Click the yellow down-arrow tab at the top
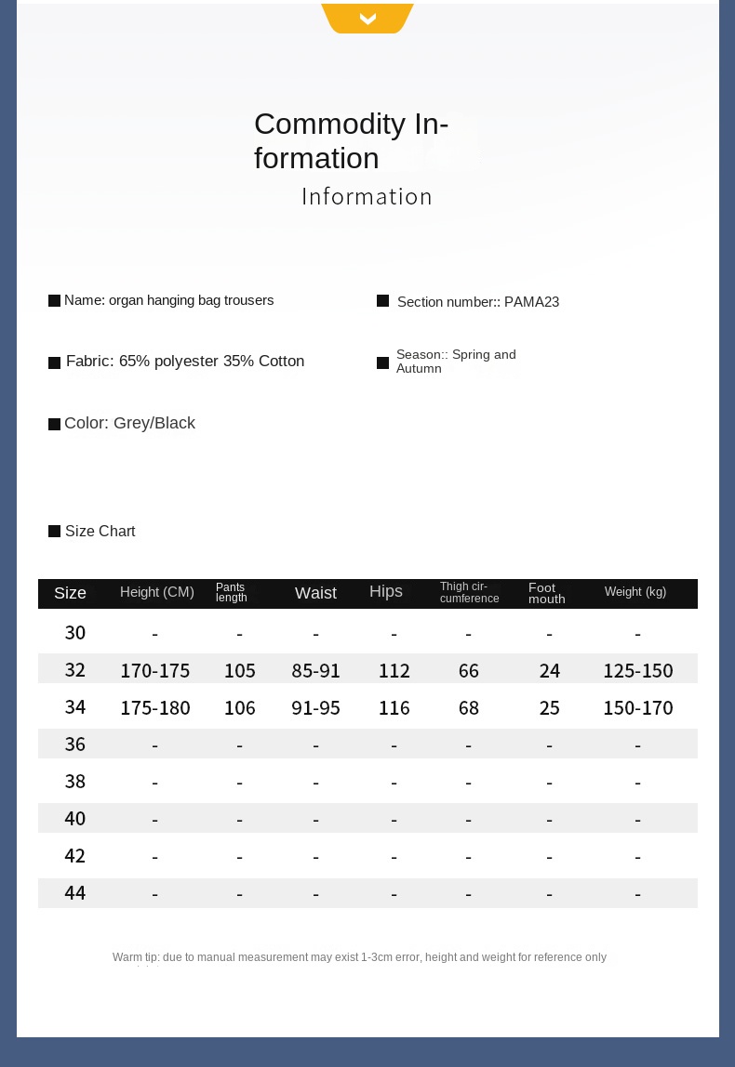tap(367, 18)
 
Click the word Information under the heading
tap(367, 197)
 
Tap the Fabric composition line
tap(185, 362)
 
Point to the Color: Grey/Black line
tap(129, 424)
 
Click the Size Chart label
tap(100, 532)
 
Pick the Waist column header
tap(315, 593)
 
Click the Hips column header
tap(386, 592)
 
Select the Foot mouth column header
tap(547, 593)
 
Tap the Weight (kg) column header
tap(635, 592)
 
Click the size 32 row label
tap(75, 670)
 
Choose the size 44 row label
tap(75, 893)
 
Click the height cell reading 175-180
tap(155, 708)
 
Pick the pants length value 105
tap(240, 671)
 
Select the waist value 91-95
tap(315, 708)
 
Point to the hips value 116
tap(394, 708)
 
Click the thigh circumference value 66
tap(469, 671)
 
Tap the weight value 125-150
tap(638, 671)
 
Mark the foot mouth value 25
tap(550, 708)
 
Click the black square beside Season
tap(382, 362)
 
